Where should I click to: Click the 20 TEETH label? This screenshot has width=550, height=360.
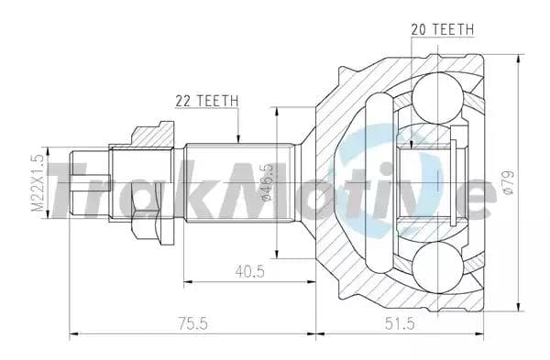(443, 29)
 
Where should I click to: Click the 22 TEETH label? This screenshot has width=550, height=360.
(206, 101)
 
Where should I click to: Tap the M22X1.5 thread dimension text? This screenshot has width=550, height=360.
(38, 183)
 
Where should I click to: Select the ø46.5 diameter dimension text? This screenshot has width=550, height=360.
(268, 182)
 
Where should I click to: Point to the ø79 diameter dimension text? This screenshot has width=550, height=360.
(509, 182)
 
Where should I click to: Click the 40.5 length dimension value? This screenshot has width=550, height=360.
(249, 271)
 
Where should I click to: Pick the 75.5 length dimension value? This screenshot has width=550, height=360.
(192, 322)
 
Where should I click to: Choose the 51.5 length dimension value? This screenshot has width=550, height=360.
(400, 322)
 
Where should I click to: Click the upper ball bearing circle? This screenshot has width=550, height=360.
(437, 98)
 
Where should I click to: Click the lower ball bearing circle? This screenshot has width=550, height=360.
(437, 267)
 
